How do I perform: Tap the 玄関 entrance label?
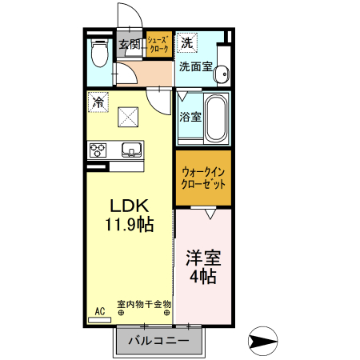130,44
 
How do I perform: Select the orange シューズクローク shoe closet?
158,45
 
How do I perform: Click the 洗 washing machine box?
187,42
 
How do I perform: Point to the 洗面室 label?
195,67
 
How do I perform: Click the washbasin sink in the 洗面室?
222,71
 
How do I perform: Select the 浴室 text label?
190,117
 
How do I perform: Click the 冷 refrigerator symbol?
98,102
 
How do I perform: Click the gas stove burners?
98,150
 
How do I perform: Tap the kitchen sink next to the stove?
130,150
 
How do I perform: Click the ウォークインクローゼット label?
203,177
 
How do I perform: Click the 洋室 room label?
203,259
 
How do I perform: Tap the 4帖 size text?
203,277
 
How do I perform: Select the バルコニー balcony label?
160,342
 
